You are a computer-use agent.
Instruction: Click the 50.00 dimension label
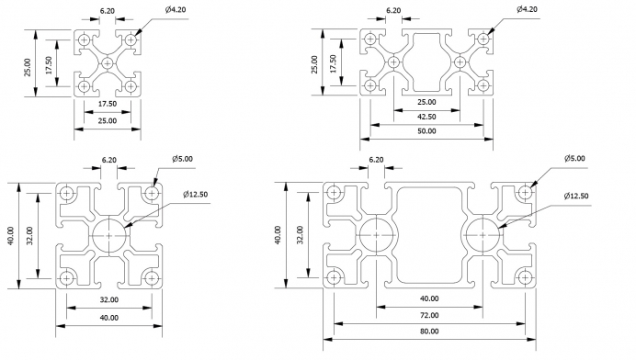coord(426,131)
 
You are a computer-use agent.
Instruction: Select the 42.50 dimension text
coord(426,117)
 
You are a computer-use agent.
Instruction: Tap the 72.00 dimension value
coord(429,315)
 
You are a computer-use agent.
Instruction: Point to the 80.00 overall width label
coord(429,332)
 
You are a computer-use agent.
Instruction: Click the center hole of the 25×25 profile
coord(108,63)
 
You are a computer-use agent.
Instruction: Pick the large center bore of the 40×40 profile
coord(109,235)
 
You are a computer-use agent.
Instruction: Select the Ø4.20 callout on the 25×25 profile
coord(176,9)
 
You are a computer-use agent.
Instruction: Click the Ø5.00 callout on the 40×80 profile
coord(574,159)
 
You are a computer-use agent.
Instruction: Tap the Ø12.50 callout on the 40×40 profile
coord(195,195)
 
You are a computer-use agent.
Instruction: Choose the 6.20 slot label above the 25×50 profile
coord(393,10)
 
